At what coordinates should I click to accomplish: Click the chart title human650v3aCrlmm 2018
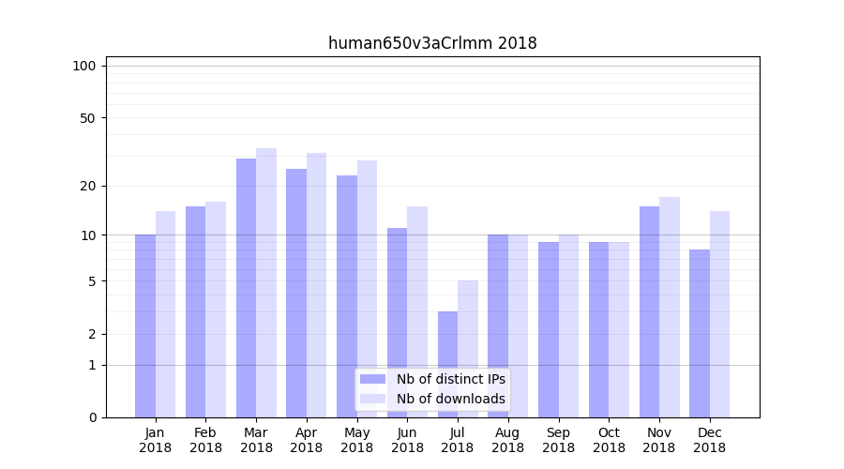click(x=432, y=43)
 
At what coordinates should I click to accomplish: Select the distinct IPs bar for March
click(x=246, y=288)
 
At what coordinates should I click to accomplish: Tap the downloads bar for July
click(x=468, y=349)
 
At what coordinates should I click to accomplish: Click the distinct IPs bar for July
click(x=447, y=364)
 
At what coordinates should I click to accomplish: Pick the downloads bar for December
click(x=719, y=314)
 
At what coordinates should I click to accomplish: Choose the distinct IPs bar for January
click(x=145, y=325)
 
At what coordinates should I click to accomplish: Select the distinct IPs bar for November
click(x=649, y=311)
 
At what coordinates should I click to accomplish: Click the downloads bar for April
click(x=316, y=285)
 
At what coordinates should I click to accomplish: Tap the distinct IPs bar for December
click(x=700, y=333)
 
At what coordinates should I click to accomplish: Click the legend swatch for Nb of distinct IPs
click(x=373, y=379)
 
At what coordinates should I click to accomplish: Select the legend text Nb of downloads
click(x=451, y=399)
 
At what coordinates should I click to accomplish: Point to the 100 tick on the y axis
click(x=84, y=66)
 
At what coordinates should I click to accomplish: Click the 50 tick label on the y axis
click(x=87, y=118)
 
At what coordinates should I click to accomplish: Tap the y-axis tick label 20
click(x=87, y=186)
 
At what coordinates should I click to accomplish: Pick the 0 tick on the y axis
click(x=92, y=417)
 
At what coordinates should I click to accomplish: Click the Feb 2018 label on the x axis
click(x=205, y=440)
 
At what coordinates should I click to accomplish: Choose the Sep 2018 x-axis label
click(x=558, y=440)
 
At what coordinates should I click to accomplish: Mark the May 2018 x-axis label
click(x=356, y=440)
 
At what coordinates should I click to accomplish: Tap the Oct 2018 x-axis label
click(x=609, y=440)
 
